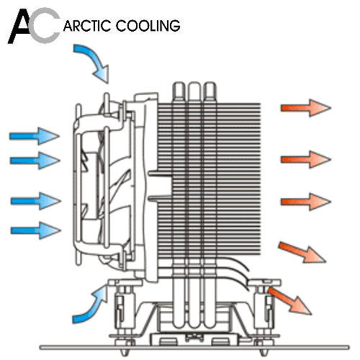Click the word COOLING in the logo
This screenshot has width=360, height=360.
point(148,26)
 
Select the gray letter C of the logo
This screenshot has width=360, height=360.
point(45,25)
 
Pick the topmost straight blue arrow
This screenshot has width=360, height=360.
point(35,136)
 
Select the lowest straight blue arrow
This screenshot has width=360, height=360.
point(35,230)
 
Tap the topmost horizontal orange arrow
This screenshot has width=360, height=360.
point(306,108)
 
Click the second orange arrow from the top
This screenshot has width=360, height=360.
point(306,159)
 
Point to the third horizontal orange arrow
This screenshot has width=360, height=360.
point(306,202)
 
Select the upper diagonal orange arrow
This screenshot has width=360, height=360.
point(302,253)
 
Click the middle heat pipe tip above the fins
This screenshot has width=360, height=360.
point(194,89)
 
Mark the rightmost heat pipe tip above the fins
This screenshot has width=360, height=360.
point(210,89)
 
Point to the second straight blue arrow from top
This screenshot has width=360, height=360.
point(35,161)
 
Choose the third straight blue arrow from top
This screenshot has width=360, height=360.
point(35,201)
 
